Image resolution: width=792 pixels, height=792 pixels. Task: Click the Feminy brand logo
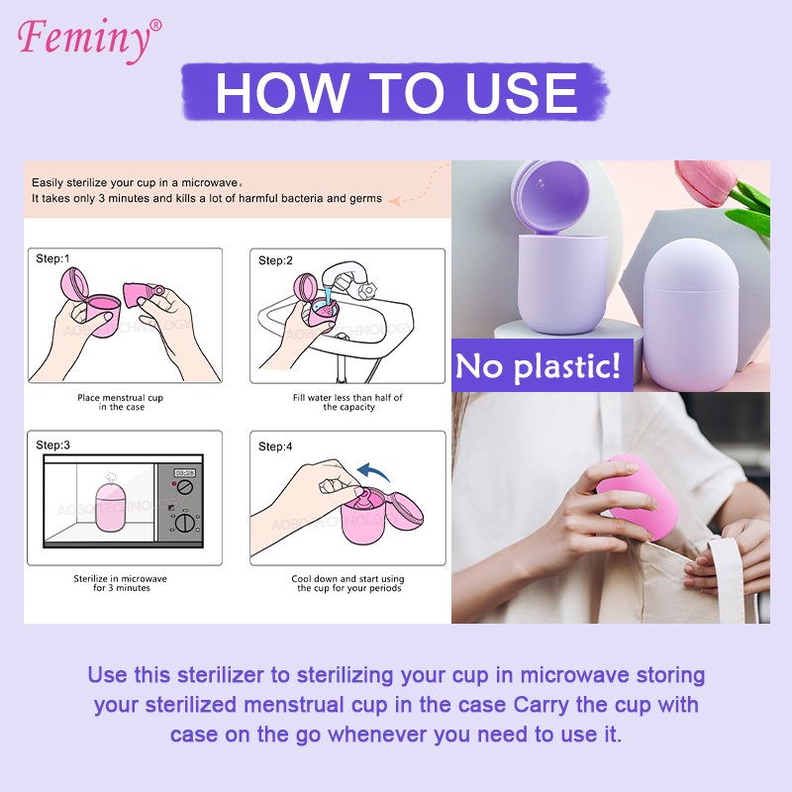coord(87,38)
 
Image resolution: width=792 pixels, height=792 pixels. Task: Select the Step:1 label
coord(53,258)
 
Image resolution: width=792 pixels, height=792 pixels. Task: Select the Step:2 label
coord(276,260)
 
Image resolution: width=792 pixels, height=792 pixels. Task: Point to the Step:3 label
coord(53,445)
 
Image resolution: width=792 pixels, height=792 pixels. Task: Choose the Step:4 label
coord(276,446)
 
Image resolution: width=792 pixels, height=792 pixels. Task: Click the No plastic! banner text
coord(538,366)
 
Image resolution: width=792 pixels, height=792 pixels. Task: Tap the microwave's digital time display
coord(184,473)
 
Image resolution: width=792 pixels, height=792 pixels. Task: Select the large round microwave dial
coord(184,524)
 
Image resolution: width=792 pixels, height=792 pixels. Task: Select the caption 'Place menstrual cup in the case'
coord(121,402)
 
